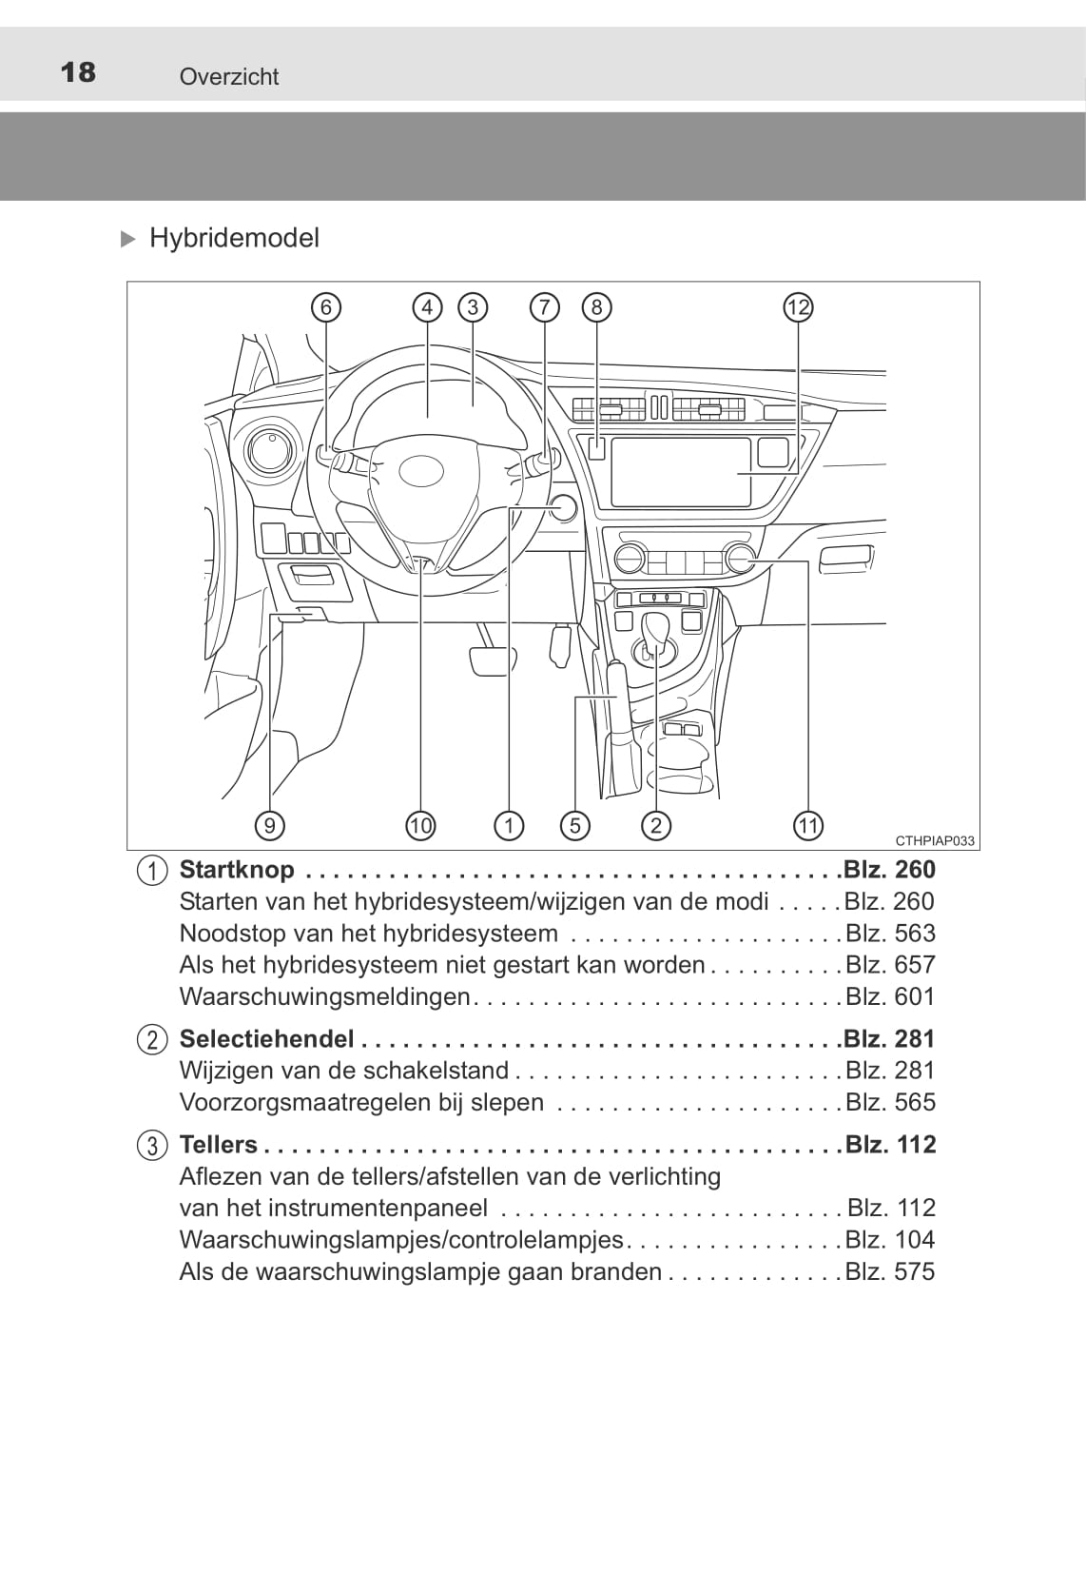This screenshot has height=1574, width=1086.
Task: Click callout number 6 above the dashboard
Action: (326, 307)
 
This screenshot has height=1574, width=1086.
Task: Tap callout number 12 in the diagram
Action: (798, 307)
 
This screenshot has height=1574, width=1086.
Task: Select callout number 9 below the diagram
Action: (270, 825)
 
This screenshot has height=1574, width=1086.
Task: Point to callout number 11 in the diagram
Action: (808, 825)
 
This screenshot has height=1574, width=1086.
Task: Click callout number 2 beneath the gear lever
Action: (656, 825)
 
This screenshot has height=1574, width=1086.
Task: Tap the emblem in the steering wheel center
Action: (421, 471)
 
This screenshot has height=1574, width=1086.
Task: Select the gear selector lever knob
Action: (657, 627)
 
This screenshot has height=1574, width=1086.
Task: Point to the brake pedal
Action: (492, 660)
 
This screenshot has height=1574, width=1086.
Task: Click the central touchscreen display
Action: (681, 472)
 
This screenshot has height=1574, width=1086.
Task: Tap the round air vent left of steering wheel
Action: (270, 450)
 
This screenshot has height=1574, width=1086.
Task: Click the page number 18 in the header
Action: (78, 72)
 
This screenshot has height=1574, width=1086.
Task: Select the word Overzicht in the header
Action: (229, 76)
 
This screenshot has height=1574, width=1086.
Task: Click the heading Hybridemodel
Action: (235, 238)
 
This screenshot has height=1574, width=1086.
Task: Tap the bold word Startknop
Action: (238, 870)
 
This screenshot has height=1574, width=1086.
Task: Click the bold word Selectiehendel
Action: (267, 1038)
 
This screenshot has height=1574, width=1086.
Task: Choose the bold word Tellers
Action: (219, 1145)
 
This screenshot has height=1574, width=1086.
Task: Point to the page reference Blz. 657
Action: (890, 965)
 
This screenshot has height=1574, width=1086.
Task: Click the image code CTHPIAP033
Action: (935, 841)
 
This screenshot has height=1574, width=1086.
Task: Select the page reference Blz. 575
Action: (890, 1271)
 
